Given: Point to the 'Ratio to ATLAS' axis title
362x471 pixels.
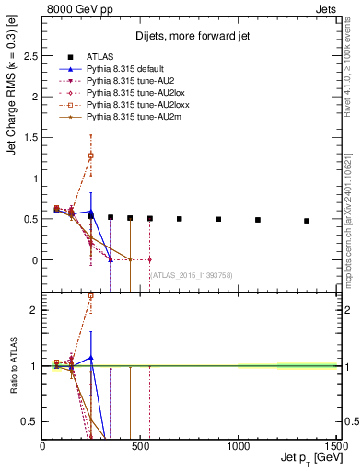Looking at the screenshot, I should [x=13, y=368].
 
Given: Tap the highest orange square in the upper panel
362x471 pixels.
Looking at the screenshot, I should [x=91, y=155].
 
